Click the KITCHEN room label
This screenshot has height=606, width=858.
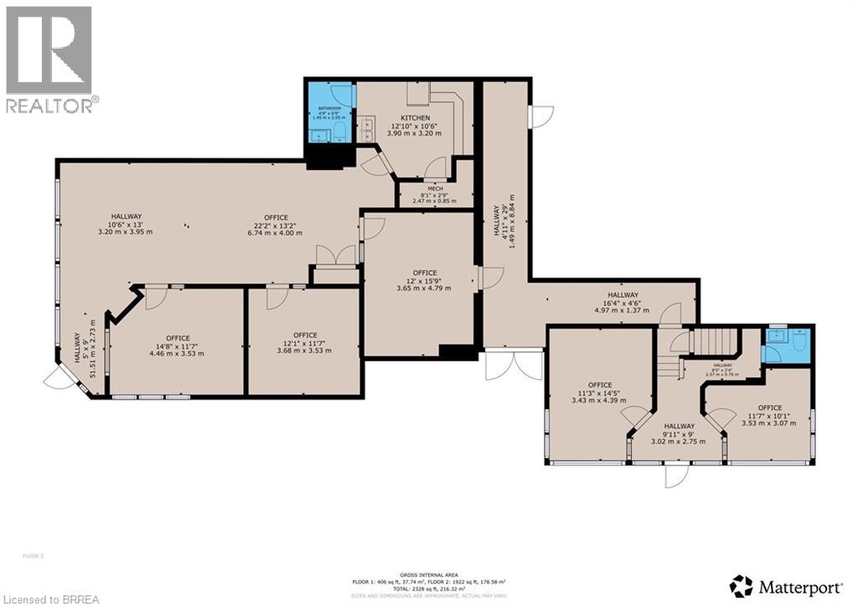[x=415, y=118]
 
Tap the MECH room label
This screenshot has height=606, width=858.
[x=435, y=189]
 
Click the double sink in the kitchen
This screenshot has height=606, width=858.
[x=367, y=130]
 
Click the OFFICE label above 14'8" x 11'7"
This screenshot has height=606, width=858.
[x=177, y=339]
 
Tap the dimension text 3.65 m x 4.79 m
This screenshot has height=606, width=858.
[x=424, y=288]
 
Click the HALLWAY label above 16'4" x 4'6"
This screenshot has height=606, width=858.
[x=623, y=295]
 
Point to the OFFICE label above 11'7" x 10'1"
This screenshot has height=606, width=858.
[x=769, y=408]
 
